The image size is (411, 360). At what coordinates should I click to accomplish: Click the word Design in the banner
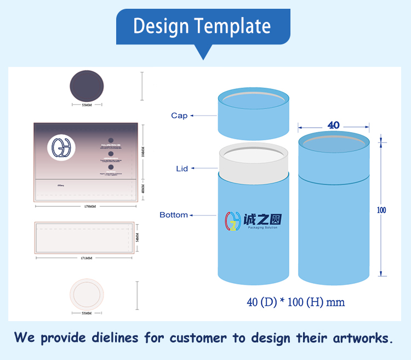click(x=161, y=26)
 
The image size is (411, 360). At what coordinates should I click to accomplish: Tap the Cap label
click(x=179, y=116)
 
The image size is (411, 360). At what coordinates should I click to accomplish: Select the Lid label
click(x=182, y=169)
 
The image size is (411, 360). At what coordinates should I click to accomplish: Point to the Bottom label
click(x=174, y=215)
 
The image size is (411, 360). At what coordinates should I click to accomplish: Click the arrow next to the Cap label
click(x=203, y=116)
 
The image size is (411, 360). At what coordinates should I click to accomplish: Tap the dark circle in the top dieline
click(x=87, y=86)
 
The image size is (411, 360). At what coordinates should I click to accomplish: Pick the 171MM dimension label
click(x=85, y=258)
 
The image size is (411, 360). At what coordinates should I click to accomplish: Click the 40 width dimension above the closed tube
click(x=333, y=125)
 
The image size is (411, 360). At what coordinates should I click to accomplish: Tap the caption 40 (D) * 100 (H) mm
click(x=296, y=302)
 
